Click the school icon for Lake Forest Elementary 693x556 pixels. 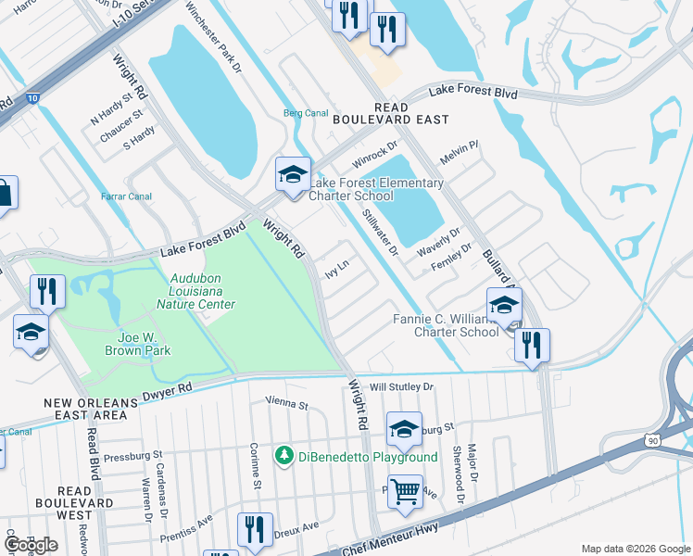coord(293,174)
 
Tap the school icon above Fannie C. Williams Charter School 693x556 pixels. coord(504,305)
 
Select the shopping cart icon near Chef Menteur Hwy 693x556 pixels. coord(405,491)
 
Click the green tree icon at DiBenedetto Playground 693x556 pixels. coord(283,457)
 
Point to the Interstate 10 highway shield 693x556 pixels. coord(32,97)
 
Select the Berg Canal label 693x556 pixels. coord(306,114)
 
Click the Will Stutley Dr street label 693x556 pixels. coord(401,386)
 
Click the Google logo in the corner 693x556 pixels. coord(31,544)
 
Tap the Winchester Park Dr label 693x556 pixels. coord(212,37)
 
